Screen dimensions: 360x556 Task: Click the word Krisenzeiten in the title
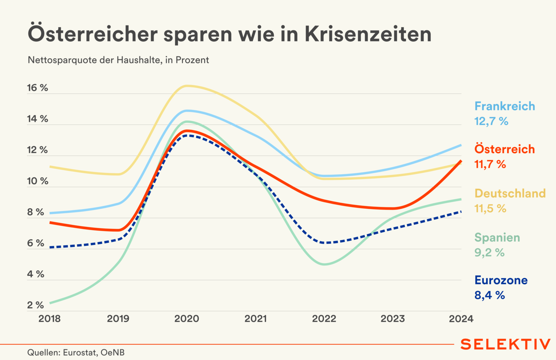(x=368, y=34)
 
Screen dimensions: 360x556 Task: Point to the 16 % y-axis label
(x=37, y=88)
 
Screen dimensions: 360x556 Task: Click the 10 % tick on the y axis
(x=37, y=181)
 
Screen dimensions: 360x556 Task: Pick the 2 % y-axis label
(x=35, y=305)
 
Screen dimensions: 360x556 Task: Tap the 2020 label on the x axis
(x=187, y=319)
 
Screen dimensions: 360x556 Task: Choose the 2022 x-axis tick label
(x=324, y=319)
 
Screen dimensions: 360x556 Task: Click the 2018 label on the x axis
(x=49, y=319)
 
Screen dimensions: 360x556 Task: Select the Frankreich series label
(x=504, y=106)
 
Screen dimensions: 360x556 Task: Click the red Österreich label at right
(x=504, y=149)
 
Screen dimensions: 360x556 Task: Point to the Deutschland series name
(x=510, y=193)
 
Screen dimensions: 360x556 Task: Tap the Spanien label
(x=497, y=238)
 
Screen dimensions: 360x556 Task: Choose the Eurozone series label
(x=501, y=280)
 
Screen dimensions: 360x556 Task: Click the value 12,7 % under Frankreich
(x=491, y=121)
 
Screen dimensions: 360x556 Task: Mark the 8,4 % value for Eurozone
(x=489, y=295)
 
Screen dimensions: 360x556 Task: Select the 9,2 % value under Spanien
(x=489, y=253)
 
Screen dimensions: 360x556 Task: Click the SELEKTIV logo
(x=505, y=344)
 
